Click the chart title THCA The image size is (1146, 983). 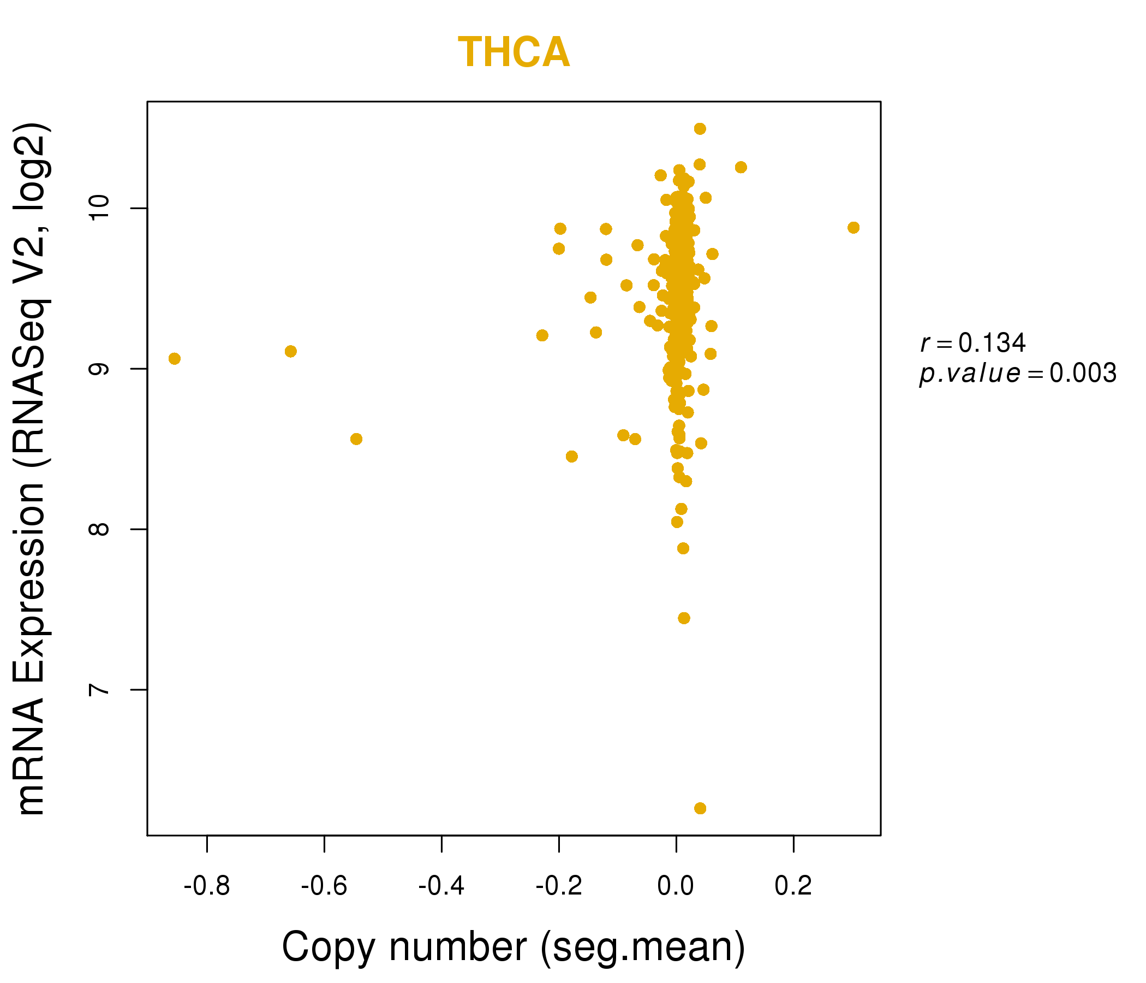point(514,52)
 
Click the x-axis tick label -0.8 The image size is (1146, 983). point(207,886)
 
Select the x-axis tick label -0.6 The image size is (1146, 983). point(324,886)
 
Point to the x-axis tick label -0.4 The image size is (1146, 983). point(441,886)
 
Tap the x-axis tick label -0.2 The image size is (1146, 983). point(559,886)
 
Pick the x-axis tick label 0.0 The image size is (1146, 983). point(676,886)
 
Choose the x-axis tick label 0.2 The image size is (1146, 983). point(793,886)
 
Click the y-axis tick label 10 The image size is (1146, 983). point(99,208)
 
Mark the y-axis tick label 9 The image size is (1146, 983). point(99,369)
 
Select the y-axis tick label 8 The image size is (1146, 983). point(99,529)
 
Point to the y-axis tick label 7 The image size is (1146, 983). point(99,690)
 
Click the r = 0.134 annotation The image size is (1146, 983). point(972,342)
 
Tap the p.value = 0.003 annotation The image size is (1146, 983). point(1018,374)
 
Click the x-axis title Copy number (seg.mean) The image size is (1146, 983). point(514,947)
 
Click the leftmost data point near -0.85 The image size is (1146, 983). point(174,359)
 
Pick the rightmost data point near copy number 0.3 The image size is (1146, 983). point(853,228)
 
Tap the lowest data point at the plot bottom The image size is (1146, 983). point(700,809)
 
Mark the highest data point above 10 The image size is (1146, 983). point(700,129)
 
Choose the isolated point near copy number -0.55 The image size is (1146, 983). point(356,439)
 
